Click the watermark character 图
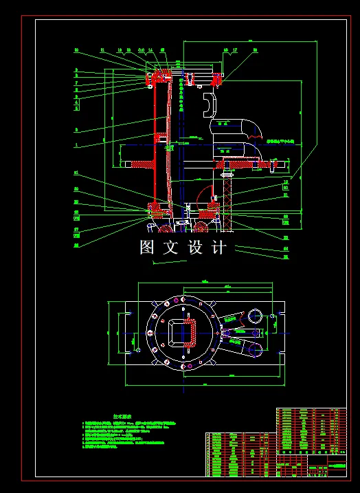pyautogui.click(x=148, y=248)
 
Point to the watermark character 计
pyautogui.click(x=218, y=248)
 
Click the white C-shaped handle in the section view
pyautogui.click(x=209, y=105)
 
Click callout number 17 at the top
pyautogui.click(x=235, y=50)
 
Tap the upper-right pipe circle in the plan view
pyautogui.click(x=254, y=316)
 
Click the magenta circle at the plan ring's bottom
pyautogui.click(x=185, y=367)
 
